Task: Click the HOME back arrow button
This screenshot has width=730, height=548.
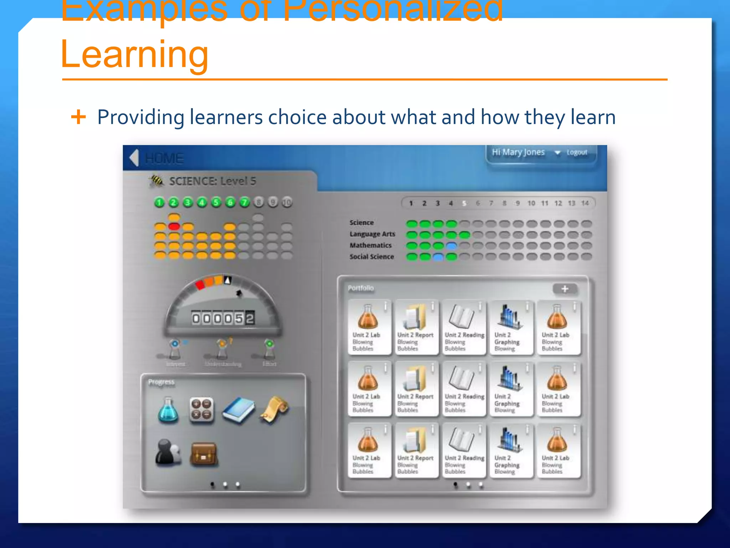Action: [x=134, y=157]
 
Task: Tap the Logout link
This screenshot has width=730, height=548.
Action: [x=576, y=152]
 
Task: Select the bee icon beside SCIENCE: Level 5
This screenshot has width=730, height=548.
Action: [x=156, y=181]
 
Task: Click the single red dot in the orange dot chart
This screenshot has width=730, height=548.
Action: [x=174, y=226]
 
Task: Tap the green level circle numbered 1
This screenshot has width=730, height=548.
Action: [x=159, y=203]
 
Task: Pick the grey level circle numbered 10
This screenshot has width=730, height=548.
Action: [x=287, y=203]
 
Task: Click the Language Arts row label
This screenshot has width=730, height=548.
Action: [x=372, y=234]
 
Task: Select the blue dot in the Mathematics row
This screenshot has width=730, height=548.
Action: [x=451, y=246]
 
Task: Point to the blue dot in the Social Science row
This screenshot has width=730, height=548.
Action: [x=438, y=257]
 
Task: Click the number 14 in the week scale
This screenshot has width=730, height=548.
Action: [x=585, y=203]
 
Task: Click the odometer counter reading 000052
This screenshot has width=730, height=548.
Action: [x=223, y=318]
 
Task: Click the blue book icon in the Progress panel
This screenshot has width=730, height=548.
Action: [x=238, y=410]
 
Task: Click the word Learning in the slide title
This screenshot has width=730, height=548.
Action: [x=134, y=54]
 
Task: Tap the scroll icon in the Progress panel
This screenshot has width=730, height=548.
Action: [x=275, y=410]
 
